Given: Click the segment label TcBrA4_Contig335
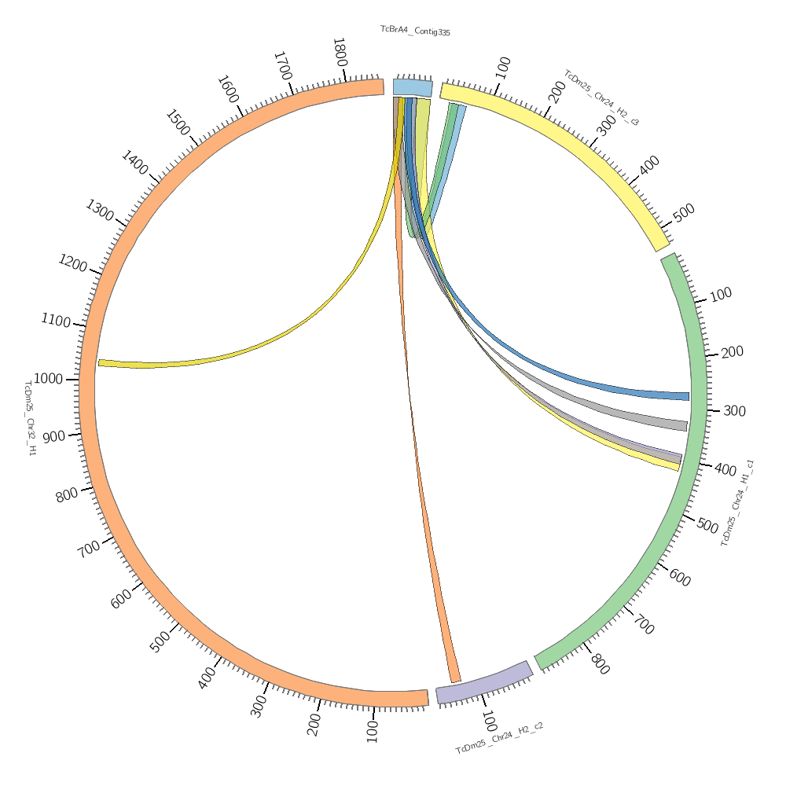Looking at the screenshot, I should tap(415, 31).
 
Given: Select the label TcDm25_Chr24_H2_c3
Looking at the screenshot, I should tap(601, 97).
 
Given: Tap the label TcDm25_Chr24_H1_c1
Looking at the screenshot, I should tap(738, 503).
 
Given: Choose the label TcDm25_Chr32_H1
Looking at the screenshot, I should tap(29, 418).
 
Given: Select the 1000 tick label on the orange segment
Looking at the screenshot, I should tap(48, 380).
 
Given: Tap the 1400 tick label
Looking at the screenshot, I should tap(134, 163).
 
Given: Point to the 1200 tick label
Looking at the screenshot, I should tap(72, 263).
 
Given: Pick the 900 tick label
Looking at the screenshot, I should tap(54, 437).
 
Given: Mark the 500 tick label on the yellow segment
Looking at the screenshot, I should tap(684, 212).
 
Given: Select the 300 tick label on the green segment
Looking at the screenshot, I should tap(733, 411).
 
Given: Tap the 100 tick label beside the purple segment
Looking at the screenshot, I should tap(488, 722).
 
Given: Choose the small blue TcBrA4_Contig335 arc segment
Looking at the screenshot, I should tap(412, 86).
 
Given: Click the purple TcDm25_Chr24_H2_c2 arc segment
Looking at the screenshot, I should tap(483, 682).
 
